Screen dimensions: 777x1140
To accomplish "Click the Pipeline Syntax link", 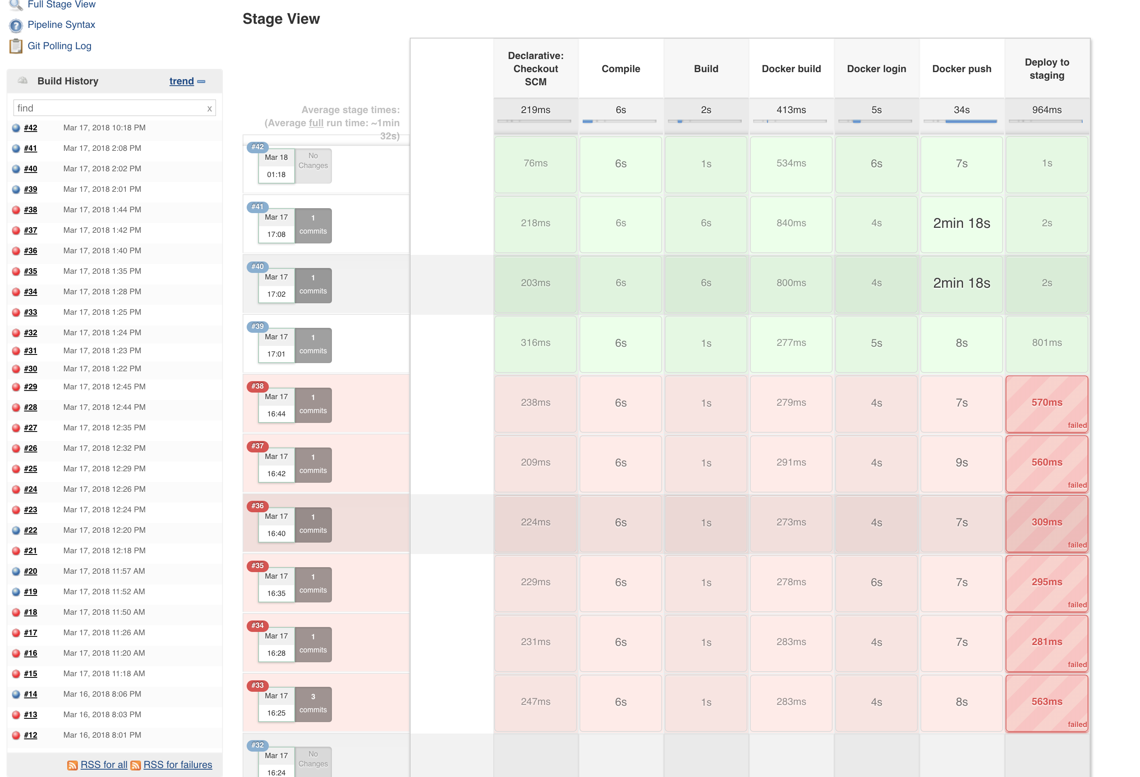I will pos(61,25).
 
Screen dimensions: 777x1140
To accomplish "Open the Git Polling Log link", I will pos(59,45).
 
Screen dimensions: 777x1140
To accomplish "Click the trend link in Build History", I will pos(182,81).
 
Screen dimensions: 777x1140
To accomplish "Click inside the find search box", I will pos(110,108).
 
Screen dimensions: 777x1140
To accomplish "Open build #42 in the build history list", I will pos(30,127).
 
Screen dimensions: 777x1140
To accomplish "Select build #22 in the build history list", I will pos(30,530).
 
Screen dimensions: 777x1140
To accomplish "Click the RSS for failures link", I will pos(177,765).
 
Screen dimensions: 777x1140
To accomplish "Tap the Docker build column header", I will pos(791,69).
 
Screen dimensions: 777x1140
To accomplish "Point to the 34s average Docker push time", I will pos(961,110).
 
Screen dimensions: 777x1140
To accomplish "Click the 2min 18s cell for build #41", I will pos(961,223).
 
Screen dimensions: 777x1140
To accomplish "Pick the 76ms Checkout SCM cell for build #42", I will pos(535,164).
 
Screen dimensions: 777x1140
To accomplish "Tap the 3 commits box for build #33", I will pos(313,703).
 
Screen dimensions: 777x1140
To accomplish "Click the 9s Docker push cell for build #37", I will pos(961,463).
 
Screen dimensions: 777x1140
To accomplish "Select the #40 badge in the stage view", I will pos(257,266).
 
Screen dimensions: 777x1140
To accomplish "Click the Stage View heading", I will pos(281,18).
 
